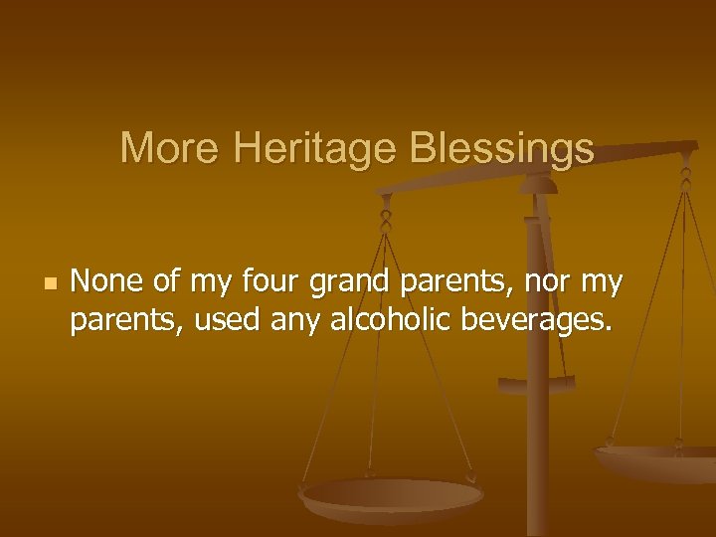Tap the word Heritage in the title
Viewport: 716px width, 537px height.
click(314, 149)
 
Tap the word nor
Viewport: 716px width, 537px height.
click(545, 284)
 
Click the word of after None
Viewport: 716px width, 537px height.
click(166, 282)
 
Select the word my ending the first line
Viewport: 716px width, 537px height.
click(602, 284)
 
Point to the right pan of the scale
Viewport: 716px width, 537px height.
click(656, 459)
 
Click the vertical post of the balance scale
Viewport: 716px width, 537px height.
click(538, 438)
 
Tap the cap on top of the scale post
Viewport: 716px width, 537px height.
click(540, 183)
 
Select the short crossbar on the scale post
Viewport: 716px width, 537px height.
click(536, 383)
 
